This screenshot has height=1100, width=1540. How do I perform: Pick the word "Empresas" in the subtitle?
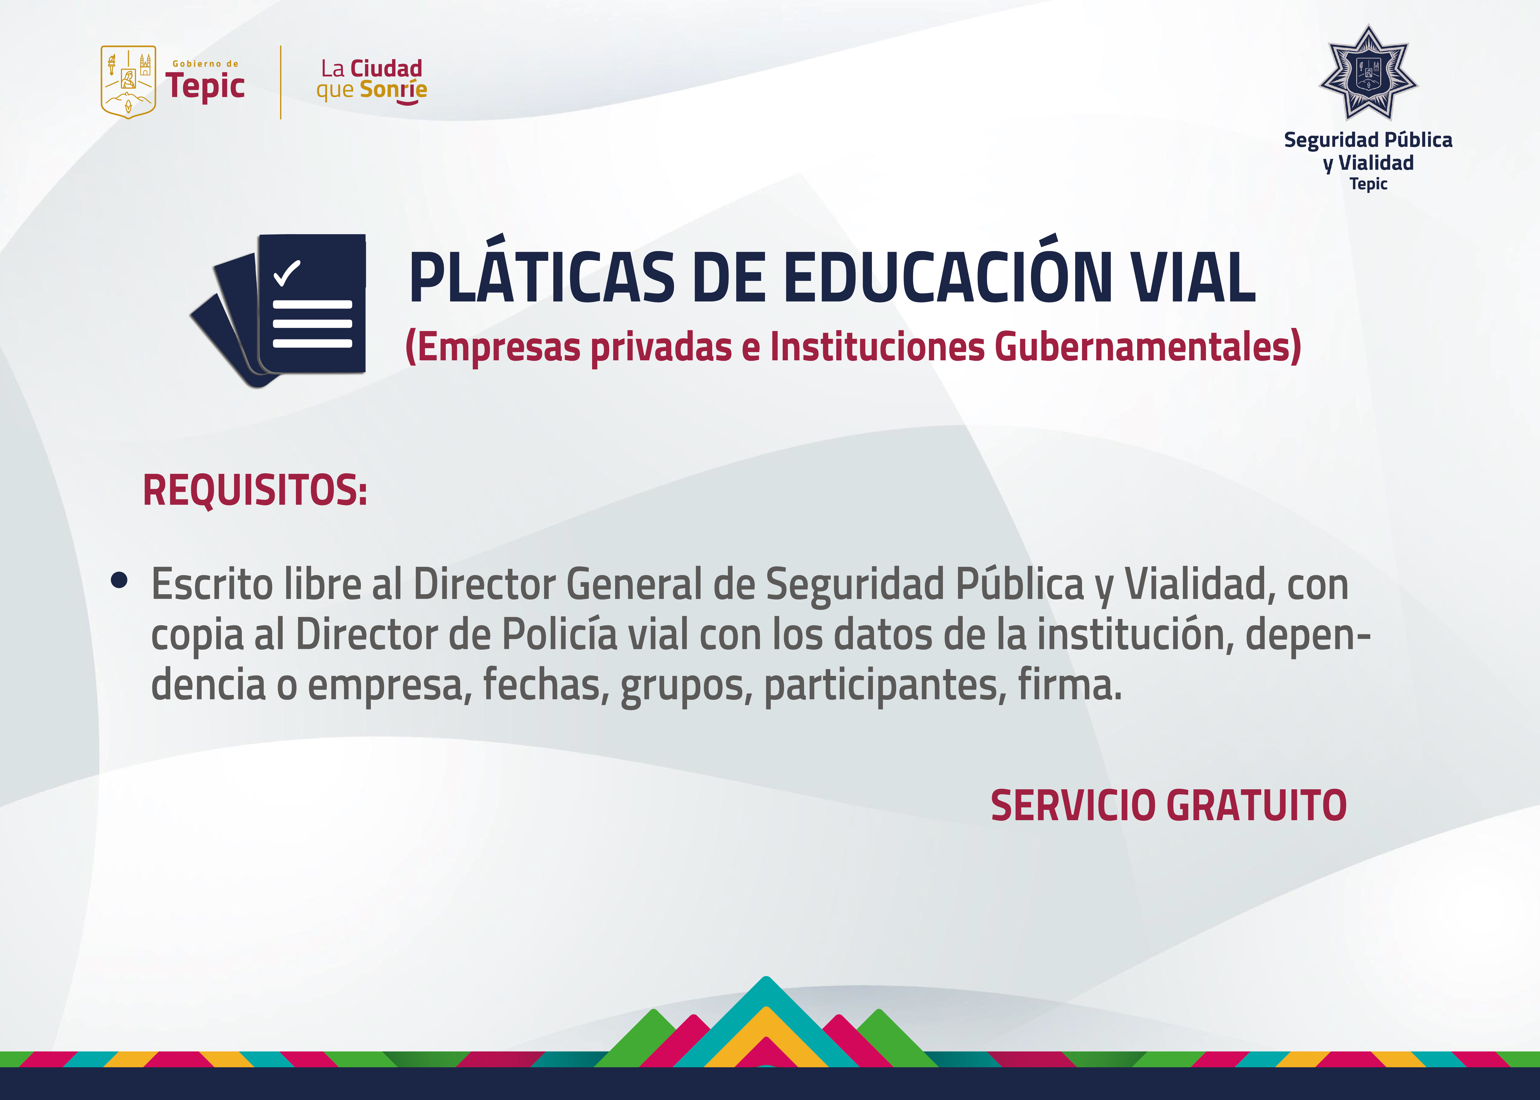tap(493, 347)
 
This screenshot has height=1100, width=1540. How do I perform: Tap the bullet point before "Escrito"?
tap(119, 580)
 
